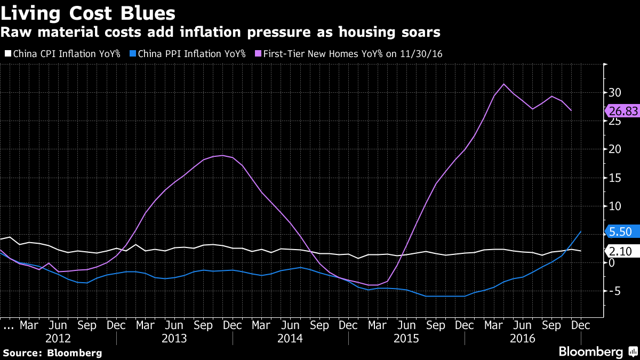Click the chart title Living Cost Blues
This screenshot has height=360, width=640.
click(x=89, y=12)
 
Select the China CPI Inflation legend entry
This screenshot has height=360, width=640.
click(x=63, y=53)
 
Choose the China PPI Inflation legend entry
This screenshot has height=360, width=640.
click(x=188, y=53)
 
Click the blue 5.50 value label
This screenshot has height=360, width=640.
click(x=620, y=231)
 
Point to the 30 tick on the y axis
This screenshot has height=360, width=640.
click(x=615, y=92)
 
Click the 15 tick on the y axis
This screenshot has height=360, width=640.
click(x=615, y=178)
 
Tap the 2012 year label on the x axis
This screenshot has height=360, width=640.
click(x=58, y=339)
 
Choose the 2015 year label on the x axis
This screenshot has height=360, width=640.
click(x=406, y=339)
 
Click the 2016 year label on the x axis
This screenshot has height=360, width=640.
click(x=522, y=339)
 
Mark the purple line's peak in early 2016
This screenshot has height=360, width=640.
click(x=503, y=84)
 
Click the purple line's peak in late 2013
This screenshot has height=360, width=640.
click(x=222, y=156)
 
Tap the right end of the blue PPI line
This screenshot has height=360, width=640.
click(x=581, y=231)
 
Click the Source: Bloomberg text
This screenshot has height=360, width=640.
click(x=52, y=353)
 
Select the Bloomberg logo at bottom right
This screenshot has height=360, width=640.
click(x=597, y=352)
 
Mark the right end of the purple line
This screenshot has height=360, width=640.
click(x=571, y=110)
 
